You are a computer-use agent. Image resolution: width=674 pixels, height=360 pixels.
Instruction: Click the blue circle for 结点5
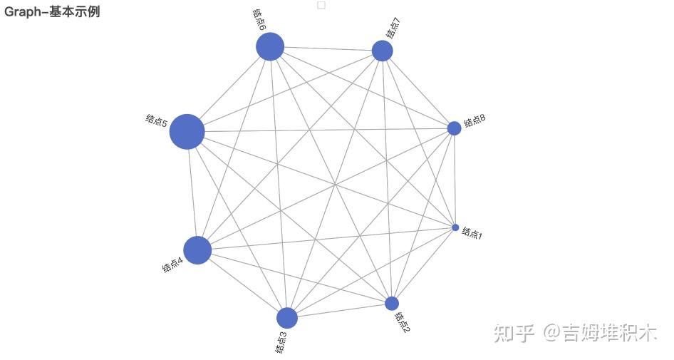(187, 132)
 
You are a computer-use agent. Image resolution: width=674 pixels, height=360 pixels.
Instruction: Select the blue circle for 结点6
(270, 47)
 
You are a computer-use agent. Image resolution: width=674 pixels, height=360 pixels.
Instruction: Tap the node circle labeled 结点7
(383, 51)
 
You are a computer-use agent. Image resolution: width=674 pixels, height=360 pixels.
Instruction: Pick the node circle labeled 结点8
(454, 128)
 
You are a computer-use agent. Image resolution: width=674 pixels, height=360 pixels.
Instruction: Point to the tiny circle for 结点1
(455, 227)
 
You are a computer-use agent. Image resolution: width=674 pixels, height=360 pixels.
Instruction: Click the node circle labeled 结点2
(392, 303)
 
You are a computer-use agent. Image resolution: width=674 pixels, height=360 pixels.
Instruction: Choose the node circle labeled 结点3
(286, 318)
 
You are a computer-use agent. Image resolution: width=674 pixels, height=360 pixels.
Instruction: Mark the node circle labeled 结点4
(197, 250)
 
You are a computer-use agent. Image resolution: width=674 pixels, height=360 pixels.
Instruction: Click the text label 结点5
(156, 120)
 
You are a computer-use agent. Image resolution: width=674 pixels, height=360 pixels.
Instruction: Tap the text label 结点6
(259, 19)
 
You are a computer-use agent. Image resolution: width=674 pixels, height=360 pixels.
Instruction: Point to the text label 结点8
(475, 122)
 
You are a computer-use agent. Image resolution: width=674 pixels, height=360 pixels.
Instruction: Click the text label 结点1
(472, 232)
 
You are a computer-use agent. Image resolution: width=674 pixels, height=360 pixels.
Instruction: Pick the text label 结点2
(403, 322)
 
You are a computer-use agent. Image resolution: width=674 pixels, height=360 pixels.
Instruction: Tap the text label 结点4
(172, 265)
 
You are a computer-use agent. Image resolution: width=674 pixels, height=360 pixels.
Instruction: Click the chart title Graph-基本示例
(52, 11)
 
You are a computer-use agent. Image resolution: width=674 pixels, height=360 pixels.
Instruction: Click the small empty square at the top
(321, 5)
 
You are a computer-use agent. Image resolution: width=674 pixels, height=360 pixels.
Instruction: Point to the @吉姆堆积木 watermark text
(600, 332)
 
